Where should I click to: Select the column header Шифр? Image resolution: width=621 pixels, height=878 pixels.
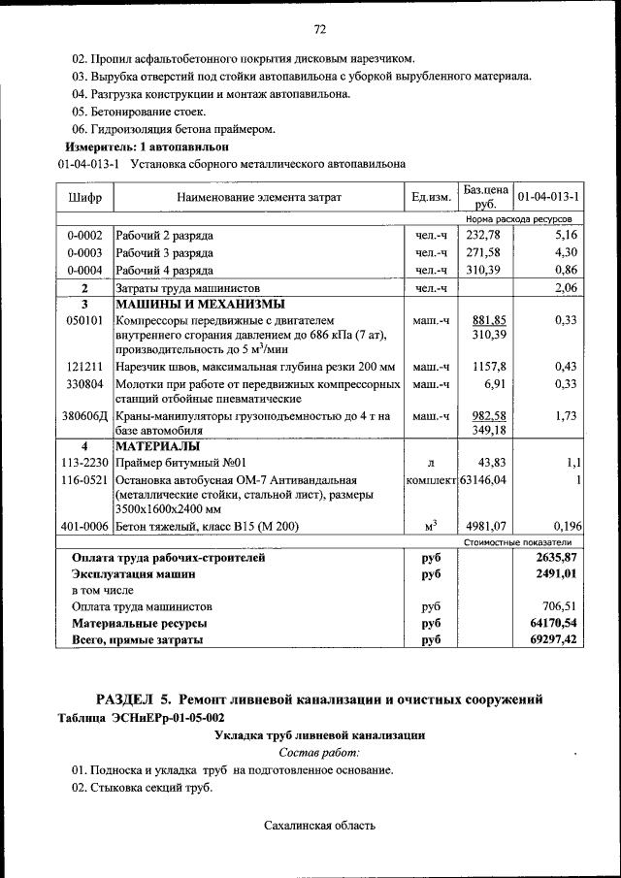85,198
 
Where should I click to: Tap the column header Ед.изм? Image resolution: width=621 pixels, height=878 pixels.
431,198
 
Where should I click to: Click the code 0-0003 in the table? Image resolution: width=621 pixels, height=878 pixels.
84,253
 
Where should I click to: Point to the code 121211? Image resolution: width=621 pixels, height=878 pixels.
84,367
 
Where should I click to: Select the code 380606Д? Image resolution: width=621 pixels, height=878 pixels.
85,416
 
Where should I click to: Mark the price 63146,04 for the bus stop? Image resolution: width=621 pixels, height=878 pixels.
485,479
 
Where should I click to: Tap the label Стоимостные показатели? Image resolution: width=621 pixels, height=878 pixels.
518,542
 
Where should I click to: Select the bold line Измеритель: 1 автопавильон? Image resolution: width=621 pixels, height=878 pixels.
147,146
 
